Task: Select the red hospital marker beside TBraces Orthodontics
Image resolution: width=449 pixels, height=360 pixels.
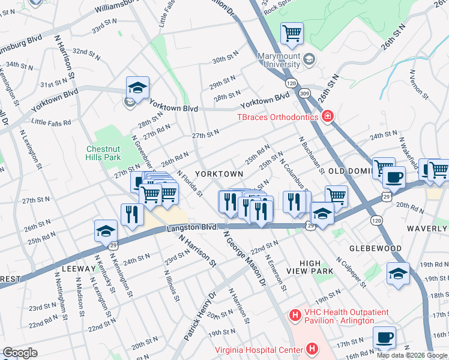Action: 327,116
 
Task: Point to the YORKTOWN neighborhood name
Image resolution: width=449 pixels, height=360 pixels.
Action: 220,173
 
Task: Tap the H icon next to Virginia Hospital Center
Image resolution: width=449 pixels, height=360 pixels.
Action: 312,349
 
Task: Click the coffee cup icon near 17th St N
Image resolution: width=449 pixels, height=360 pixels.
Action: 384,337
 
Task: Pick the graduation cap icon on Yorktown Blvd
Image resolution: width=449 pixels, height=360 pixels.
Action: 137,88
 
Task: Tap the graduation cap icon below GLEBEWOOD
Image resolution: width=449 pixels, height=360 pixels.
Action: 398,274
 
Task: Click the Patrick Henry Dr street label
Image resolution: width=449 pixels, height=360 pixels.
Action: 200,317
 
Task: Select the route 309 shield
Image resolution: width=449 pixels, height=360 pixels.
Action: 306,93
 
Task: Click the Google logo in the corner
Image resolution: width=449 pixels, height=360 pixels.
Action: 20,352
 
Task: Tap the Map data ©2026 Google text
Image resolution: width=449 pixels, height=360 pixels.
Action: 412,355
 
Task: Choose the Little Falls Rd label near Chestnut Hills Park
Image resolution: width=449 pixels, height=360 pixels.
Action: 51,122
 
